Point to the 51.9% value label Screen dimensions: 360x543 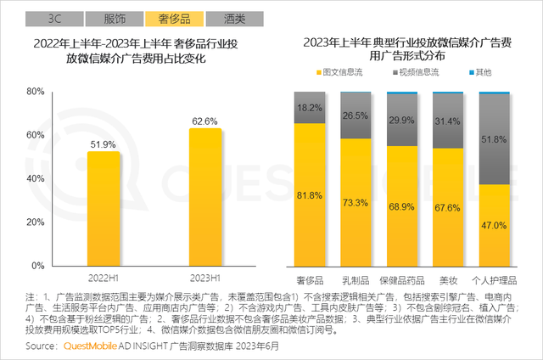click(x=103, y=144)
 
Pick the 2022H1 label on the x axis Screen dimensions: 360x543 click(x=103, y=278)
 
